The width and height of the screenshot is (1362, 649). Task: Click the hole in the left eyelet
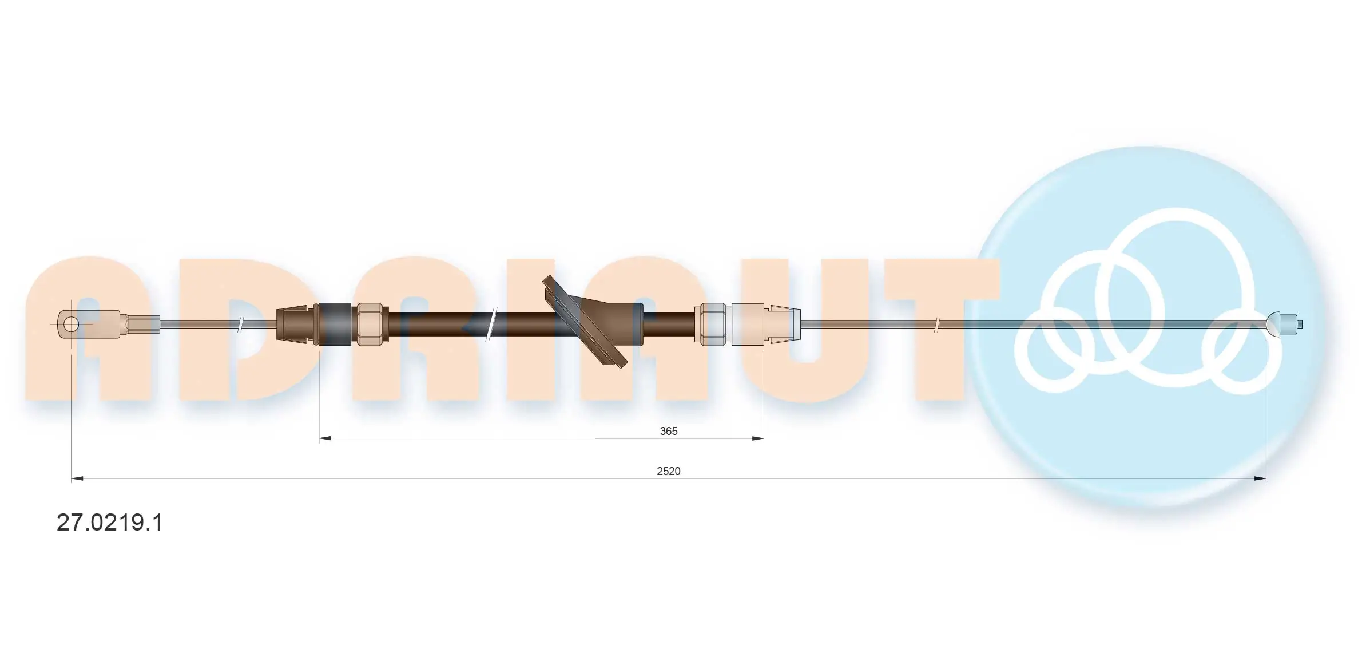(x=71, y=325)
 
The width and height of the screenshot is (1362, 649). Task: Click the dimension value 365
(x=668, y=431)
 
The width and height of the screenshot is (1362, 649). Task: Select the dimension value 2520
(x=668, y=471)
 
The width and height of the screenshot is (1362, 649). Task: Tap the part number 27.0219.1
(x=110, y=523)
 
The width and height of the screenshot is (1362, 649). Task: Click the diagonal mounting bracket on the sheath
(x=585, y=322)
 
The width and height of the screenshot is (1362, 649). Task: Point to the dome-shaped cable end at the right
(x=1274, y=324)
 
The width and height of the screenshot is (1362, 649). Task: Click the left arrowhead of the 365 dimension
(x=325, y=438)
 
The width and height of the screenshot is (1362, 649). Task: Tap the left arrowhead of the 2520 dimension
(x=77, y=478)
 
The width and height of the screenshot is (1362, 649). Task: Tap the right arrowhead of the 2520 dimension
(x=1260, y=478)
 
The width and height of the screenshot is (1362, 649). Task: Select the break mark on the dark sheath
(x=491, y=325)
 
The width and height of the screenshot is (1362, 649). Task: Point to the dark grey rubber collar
(x=334, y=324)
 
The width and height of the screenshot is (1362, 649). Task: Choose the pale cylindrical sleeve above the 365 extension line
(x=748, y=324)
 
